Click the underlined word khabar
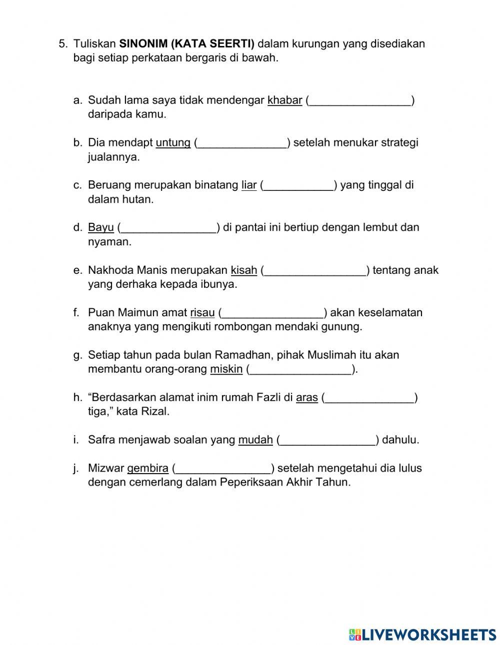click(284, 100)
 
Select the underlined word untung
click(173, 143)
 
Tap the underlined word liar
click(248, 185)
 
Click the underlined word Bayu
click(101, 228)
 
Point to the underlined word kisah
click(243, 270)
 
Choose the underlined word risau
click(202, 313)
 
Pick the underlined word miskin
click(226, 369)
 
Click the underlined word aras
click(306, 398)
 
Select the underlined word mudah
click(255, 440)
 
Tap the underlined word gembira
click(147, 469)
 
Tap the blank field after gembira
click(223, 469)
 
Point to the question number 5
click(62, 44)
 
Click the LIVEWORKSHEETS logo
click(422, 634)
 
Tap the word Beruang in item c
click(108, 185)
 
